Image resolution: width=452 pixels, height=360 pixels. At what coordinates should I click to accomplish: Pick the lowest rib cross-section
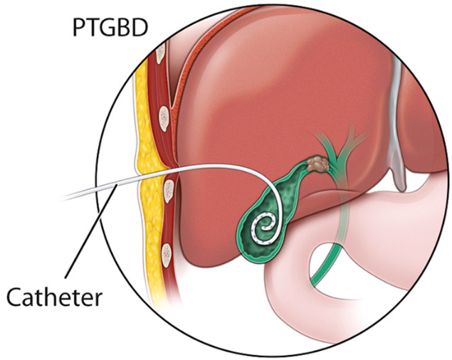coord(166,250)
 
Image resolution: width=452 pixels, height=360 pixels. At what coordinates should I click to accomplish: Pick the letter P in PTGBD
coord(79,28)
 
